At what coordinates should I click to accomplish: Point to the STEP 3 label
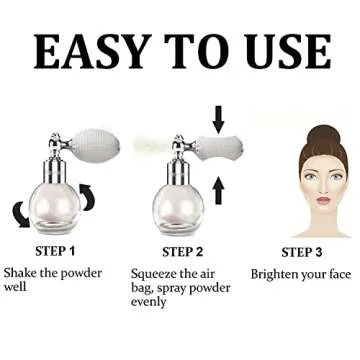[303, 251]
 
